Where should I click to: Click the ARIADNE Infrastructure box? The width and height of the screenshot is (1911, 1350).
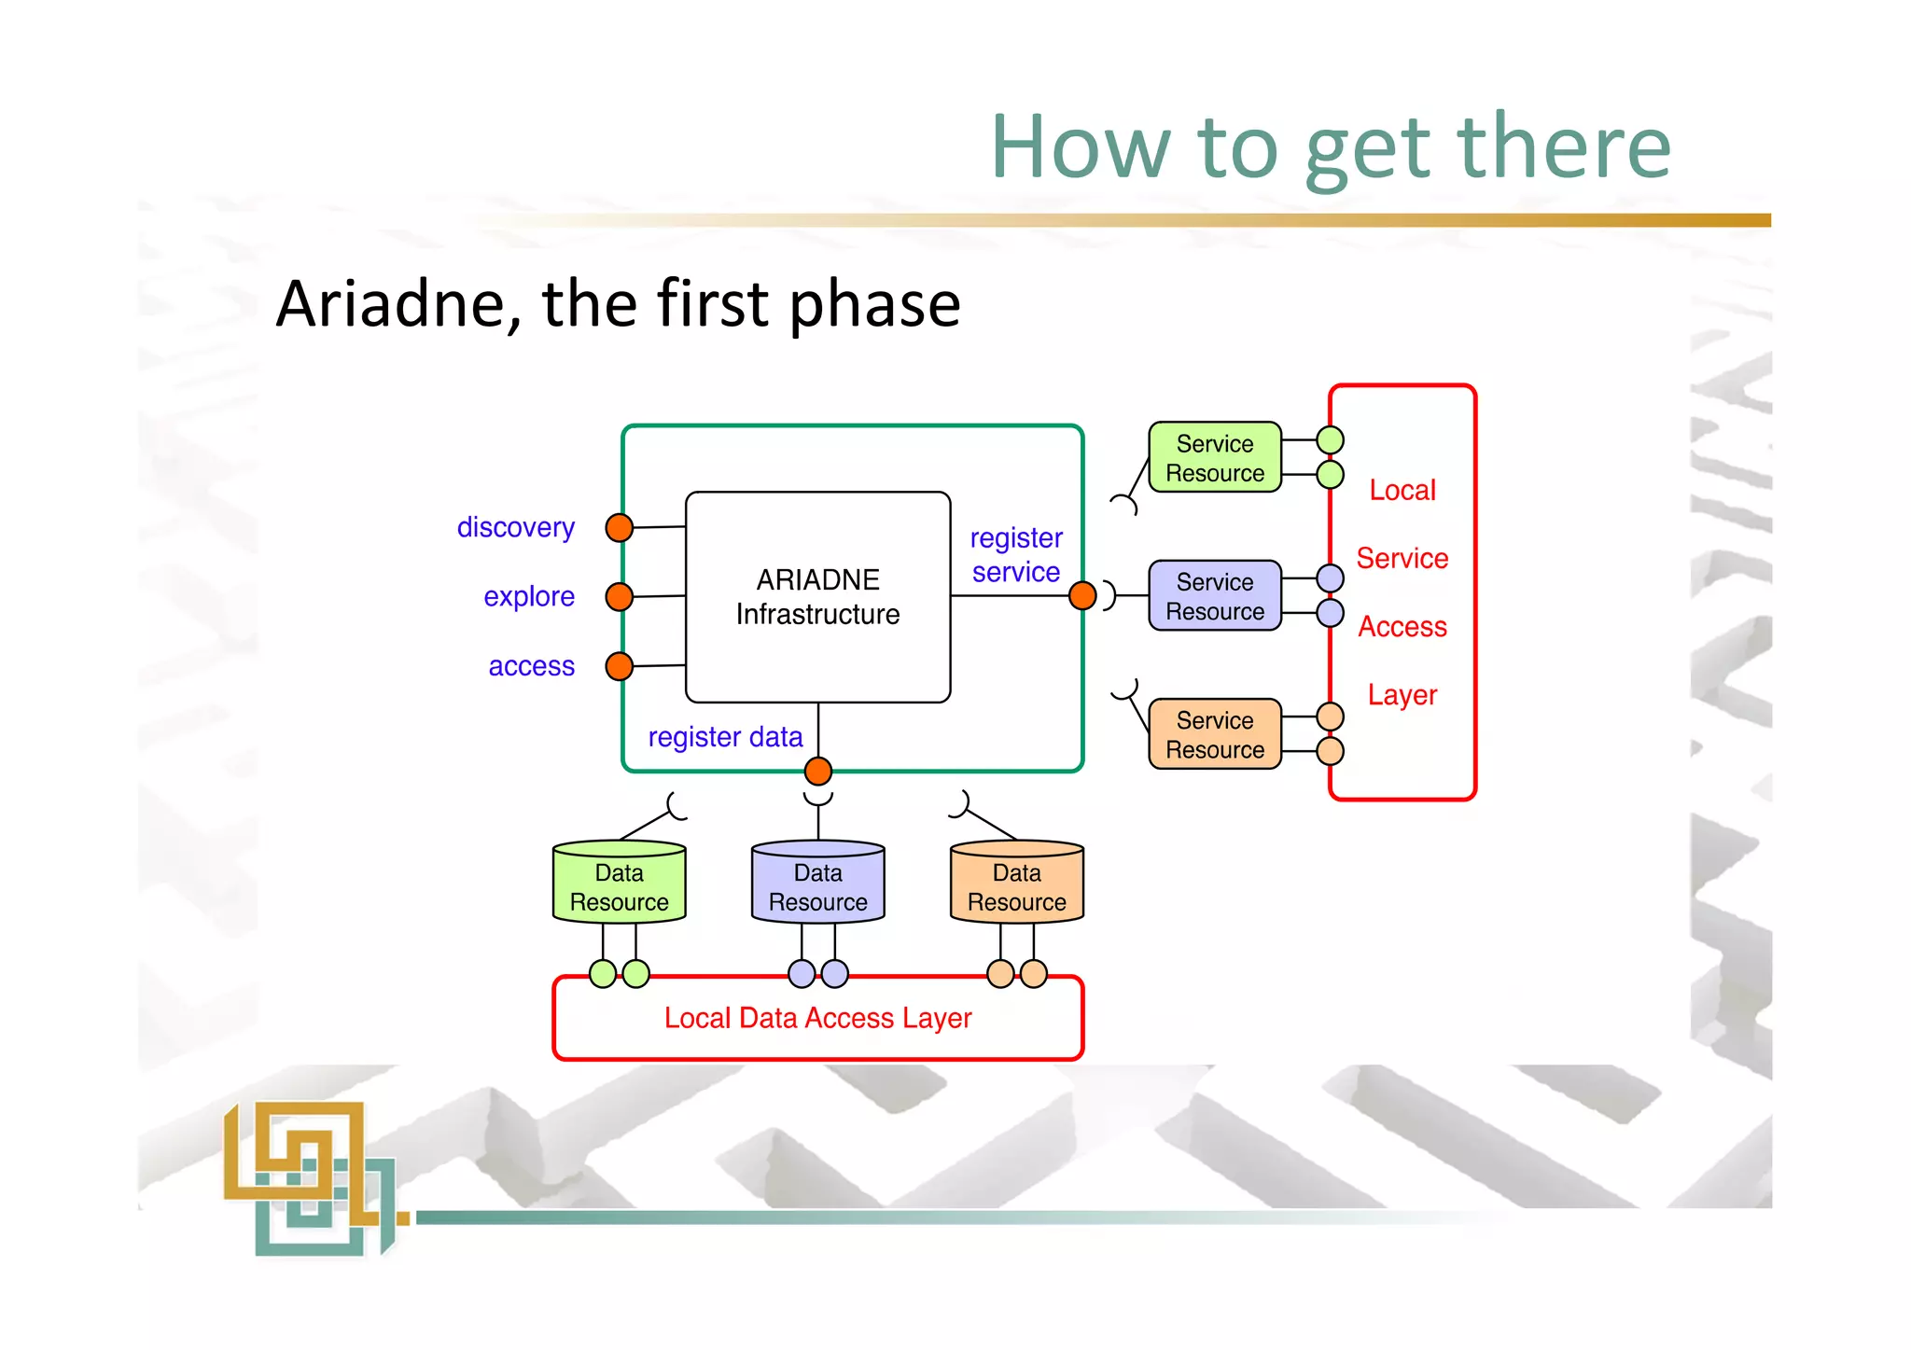pyautogui.click(x=817, y=597)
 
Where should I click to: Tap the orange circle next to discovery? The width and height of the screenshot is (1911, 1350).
pyautogui.click(x=620, y=528)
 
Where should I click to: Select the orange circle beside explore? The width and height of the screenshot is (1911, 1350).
pyautogui.click(x=620, y=596)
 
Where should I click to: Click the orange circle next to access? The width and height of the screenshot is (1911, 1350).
pyautogui.click(x=620, y=666)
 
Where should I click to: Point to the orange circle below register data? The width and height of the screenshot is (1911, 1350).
pyautogui.click(x=818, y=772)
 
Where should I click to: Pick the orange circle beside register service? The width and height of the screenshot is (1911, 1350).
pyautogui.click(x=1082, y=595)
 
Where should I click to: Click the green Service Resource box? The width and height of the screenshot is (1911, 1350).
pyautogui.click(x=1214, y=457)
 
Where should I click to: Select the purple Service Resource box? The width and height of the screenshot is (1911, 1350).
pyautogui.click(x=1214, y=596)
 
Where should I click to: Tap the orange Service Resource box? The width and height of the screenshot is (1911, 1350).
pyautogui.click(x=1214, y=734)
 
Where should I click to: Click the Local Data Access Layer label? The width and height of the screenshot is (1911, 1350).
pyautogui.click(x=818, y=1018)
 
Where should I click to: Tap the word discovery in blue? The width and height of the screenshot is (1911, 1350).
pyautogui.click(x=515, y=528)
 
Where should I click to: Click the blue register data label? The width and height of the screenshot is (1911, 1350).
pyautogui.click(x=725, y=737)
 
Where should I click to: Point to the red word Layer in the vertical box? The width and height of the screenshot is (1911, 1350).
pyautogui.click(x=1402, y=695)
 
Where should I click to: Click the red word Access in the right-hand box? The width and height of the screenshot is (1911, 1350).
pyautogui.click(x=1402, y=627)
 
